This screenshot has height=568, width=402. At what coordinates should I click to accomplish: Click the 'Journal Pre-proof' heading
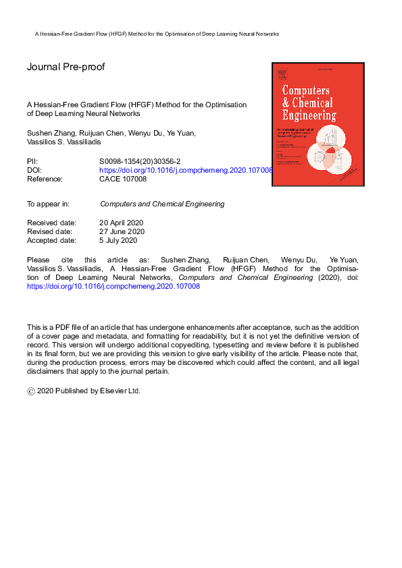pos(66,67)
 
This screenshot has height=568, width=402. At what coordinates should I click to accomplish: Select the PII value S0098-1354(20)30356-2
pos(140,162)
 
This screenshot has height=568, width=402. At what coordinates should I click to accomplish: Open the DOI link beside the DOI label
pos(186,171)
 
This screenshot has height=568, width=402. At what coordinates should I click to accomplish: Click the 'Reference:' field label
pos(45,179)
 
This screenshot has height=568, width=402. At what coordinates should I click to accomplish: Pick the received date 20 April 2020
pos(122,223)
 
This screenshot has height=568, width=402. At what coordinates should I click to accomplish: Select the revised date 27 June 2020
pos(122,231)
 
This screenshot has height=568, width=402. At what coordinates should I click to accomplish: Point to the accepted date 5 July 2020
pos(118,240)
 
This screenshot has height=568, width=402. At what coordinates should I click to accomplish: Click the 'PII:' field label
pos(33,162)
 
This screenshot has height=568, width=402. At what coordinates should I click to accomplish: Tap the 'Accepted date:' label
pos(51,240)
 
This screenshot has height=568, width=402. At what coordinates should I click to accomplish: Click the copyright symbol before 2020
pos(30,391)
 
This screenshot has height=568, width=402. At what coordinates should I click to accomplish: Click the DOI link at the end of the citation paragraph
pos(114,286)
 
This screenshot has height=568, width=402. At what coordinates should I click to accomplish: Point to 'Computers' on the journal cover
pos(305,90)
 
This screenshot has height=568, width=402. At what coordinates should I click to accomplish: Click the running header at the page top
pos(157,34)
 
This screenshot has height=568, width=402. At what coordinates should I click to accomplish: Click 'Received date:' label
pos(51,223)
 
